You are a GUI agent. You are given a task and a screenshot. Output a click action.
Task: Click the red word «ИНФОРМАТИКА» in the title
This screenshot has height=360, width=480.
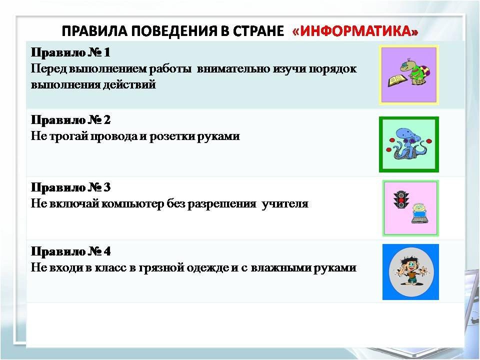pos(355,31)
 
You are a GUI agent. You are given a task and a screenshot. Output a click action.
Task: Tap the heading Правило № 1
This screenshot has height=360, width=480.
pos(70,52)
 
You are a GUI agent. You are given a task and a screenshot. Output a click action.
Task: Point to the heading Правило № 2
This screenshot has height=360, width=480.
pos(70,120)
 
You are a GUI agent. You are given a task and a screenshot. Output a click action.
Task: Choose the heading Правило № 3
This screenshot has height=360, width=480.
pos(70,187)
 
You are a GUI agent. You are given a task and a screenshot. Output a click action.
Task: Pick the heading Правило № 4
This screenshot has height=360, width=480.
pos(70,251)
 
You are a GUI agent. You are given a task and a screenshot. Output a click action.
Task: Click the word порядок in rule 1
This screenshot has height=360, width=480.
pos(332,69)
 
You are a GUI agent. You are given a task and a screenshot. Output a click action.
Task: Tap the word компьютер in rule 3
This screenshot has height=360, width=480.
pos(132,204)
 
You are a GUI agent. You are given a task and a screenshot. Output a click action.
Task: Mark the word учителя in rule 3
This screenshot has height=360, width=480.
pos(285,204)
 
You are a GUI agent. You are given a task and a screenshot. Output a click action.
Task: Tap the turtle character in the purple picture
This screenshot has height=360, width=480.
pos(415,71)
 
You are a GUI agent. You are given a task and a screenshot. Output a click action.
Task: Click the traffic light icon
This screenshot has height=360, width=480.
pos(401,199)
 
